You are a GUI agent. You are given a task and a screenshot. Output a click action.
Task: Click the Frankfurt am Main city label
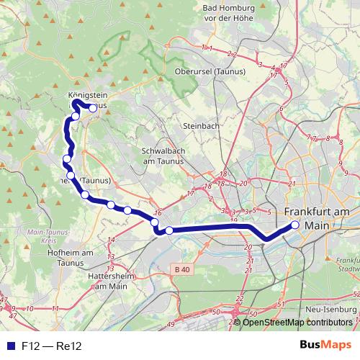click(317, 218)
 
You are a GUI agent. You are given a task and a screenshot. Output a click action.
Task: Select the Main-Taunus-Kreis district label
click(45, 238)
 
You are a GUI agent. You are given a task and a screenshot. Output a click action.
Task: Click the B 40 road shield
click(184, 269)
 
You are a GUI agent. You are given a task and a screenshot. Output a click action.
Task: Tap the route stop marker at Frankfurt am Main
click(294, 225)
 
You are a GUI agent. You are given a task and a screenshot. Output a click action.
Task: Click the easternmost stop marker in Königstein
click(92, 108)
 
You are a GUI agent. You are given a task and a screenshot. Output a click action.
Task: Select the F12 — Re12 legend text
click(52, 346)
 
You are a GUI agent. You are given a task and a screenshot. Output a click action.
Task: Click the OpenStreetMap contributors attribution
click(297, 322)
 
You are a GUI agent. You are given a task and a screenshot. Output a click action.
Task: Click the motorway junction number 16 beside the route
click(158, 213)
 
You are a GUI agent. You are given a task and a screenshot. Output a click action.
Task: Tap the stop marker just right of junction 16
click(169, 230)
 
